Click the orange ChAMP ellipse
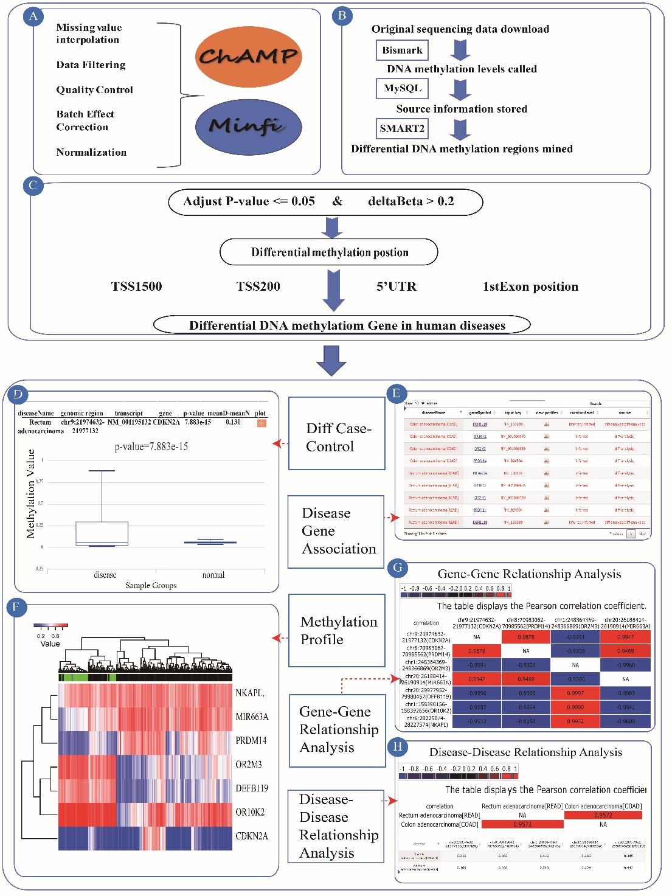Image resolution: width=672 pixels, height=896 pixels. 248,56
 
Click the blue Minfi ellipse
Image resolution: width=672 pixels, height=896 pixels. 248,126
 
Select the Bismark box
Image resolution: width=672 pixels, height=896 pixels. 402,50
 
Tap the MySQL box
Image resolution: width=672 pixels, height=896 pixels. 402,88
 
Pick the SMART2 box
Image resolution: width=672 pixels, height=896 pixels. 402,128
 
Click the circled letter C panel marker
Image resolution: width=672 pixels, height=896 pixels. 33,186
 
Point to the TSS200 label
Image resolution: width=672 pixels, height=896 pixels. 258,287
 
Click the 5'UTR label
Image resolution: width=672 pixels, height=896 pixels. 396,287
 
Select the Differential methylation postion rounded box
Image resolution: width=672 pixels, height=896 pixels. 328,252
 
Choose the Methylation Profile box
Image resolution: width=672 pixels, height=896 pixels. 337,630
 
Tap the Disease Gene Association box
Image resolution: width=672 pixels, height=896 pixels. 336,531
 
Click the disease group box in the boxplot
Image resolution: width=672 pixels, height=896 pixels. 102,533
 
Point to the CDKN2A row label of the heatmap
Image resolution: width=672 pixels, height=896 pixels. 252,836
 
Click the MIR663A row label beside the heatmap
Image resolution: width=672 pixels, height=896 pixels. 252,717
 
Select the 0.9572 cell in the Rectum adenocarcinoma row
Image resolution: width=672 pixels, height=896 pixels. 603,815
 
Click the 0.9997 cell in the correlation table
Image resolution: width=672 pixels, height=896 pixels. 575,693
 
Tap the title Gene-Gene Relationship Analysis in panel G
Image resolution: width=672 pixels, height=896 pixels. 529,574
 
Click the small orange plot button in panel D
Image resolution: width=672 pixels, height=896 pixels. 262,423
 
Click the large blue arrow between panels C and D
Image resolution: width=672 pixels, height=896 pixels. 331,360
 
